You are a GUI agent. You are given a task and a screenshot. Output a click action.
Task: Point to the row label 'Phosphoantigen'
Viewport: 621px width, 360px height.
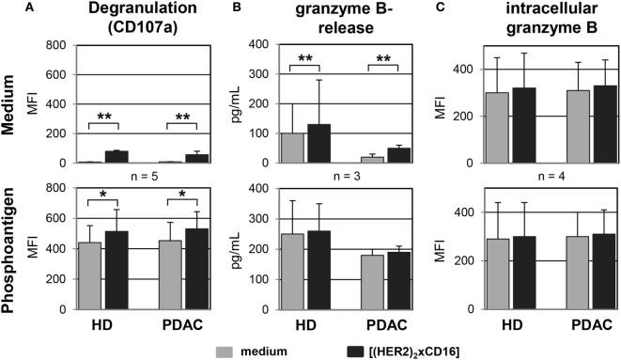17,257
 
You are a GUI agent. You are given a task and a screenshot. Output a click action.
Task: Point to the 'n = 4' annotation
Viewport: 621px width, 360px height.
522,173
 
